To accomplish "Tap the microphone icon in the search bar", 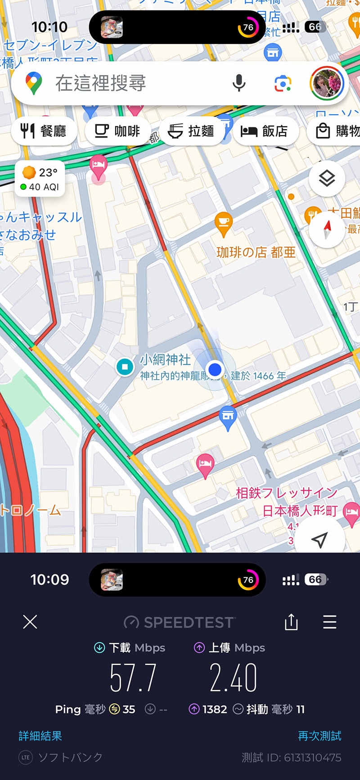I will click(x=239, y=83).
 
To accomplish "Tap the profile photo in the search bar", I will click(x=327, y=83).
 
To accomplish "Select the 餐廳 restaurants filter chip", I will click(x=44, y=131).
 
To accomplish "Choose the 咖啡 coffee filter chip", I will click(x=117, y=131).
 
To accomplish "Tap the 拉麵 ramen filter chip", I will click(x=191, y=131).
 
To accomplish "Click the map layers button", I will click(x=327, y=179).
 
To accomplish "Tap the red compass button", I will click(x=327, y=230).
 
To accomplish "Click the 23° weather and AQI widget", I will click(x=40, y=179).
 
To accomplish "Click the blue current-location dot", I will click(x=215, y=369).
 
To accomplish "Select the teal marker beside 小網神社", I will click(x=125, y=367).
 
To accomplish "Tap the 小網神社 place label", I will click(x=165, y=359).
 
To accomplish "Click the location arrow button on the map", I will click(x=319, y=539).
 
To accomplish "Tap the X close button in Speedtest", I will click(x=30, y=622).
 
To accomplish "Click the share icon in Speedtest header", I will click(x=291, y=622).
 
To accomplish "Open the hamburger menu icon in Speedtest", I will click(x=330, y=622).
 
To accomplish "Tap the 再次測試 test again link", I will click(x=319, y=736).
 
